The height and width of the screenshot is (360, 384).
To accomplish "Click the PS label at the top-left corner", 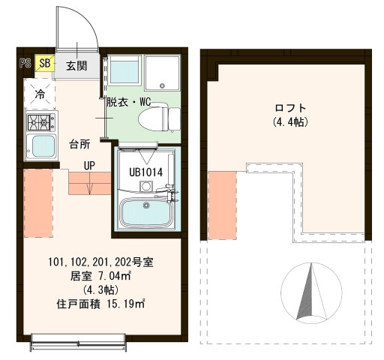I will (x=24, y=64).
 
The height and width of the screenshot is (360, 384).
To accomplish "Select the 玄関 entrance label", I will (x=76, y=65).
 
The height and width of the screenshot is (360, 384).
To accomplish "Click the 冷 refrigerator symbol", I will (x=39, y=94).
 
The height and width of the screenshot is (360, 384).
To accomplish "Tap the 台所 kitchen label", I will (x=80, y=142).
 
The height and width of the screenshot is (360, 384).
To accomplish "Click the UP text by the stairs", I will (x=89, y=165).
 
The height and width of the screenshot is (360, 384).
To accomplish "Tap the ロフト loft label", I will (x=289, y=108).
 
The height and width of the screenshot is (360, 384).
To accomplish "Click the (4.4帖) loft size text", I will (x=289, y=121).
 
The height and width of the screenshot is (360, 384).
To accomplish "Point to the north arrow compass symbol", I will (x=307, y=289).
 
